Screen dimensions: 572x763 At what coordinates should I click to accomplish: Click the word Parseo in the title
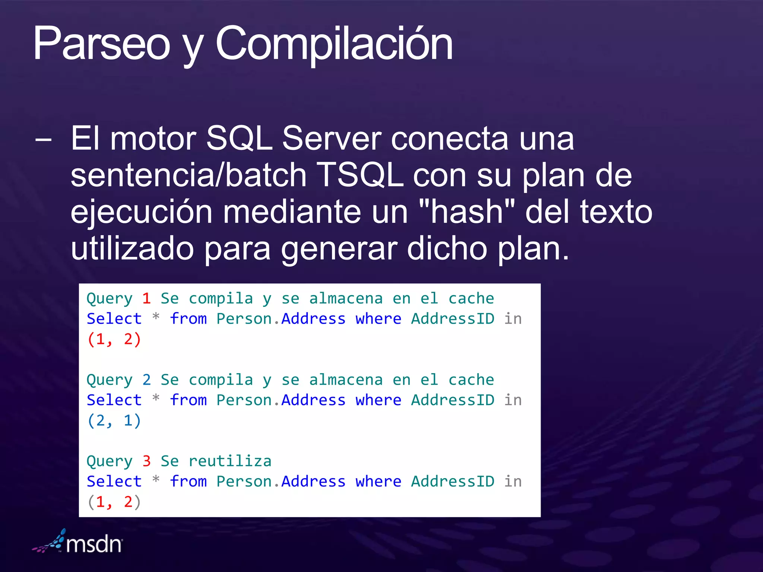pyautogui.click(x=101, y=44)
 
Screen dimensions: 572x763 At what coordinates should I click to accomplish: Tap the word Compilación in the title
pyautogui.click(x=334, y=44)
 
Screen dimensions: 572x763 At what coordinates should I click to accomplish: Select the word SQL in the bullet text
pyautogui.click(x=239, y=139)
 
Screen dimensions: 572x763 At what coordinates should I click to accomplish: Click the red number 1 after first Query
pyautogui.click(x=146, y=299)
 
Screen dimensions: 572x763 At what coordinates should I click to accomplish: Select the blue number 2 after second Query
pyautogui.click(x=146, y=380)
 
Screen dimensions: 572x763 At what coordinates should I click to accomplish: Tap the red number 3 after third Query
pyautogui.click(x=146, y=461)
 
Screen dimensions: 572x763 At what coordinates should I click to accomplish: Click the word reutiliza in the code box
pyautogui.click(x=230, y=461)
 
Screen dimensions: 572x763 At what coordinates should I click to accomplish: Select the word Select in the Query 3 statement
pyautogui.click(x=114, y=481)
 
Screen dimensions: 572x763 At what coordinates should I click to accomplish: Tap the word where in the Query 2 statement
pyautogui.click(x=378, y=400)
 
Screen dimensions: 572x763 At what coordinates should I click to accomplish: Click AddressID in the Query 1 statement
pyautogui.click(x=452, y=319)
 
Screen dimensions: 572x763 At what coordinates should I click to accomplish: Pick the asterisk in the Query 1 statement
pyautogui.click(x=156, y=318)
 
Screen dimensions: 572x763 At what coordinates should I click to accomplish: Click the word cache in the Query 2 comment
pyautogui.click(x=471, y=380)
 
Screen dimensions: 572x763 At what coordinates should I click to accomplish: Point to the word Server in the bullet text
pyautogui.click(x=332, y=139)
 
